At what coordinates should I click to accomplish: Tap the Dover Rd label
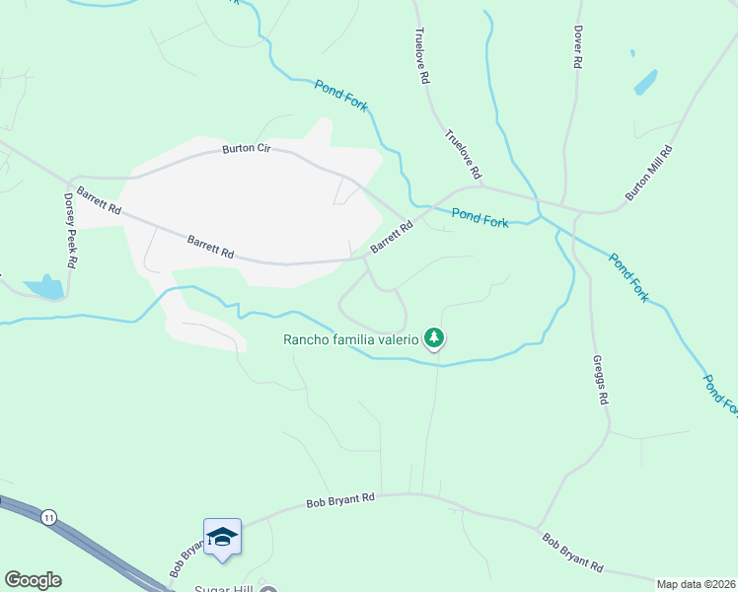tap(578, 46)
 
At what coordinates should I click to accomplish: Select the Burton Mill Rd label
tap(650, 174)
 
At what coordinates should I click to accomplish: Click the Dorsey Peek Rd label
tap(70, 232)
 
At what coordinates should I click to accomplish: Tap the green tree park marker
tap(434, 338)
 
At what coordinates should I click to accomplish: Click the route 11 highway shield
tap(47, 516)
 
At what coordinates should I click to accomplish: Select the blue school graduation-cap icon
tap(222, 537)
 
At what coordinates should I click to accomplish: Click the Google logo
tap(33, 580)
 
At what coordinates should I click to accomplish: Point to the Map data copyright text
tap(697, 584)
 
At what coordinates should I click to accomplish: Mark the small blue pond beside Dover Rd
tap(645, 81)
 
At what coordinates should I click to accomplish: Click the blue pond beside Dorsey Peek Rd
tap(44, 288)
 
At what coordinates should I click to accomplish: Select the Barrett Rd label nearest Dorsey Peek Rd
tap(99, 202)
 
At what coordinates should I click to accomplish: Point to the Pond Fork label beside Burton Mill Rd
tap(627, 277)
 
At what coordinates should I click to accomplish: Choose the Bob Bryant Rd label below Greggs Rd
tap(573, 553)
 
